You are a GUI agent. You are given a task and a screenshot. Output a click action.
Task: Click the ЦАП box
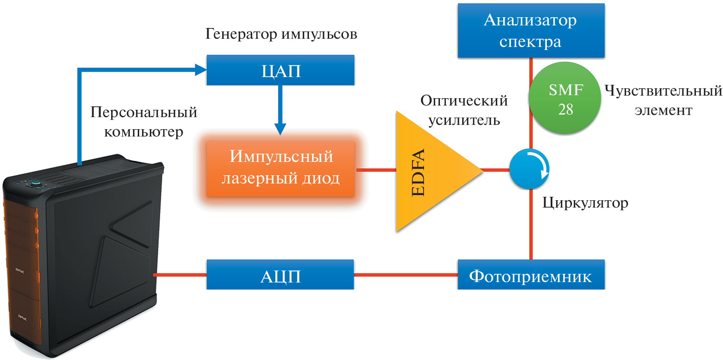pos(280,70)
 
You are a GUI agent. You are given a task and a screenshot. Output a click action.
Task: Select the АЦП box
pos(280,275)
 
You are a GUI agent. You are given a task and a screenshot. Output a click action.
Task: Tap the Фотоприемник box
pos(531,275)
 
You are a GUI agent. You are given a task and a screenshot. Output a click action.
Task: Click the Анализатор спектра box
pos(531,31)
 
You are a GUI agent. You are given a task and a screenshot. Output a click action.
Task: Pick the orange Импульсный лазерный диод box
pos(280,168)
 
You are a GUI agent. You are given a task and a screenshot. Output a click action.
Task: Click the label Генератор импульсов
pos(281,34)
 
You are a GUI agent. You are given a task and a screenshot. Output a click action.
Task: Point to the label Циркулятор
pos(585,202)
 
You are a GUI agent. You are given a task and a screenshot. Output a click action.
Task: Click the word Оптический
pos(464,100)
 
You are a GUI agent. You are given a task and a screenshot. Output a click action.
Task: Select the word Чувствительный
pos(663,90)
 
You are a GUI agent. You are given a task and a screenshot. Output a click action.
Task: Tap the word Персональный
pos(143,112)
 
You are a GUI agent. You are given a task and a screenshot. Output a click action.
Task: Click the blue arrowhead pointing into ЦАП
pos(200,70)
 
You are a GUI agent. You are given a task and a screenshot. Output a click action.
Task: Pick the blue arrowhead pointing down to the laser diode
pos(280,128)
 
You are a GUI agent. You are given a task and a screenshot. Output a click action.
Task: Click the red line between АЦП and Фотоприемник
pos(405,275)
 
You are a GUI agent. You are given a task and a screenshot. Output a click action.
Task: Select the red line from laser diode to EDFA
pos(376,170)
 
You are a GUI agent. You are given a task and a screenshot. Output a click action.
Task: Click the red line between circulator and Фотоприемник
pos(531,224)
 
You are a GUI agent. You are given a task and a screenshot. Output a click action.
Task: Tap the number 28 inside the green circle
pos(565,109)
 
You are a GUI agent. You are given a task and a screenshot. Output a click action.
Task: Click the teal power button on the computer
pos(36,183)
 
